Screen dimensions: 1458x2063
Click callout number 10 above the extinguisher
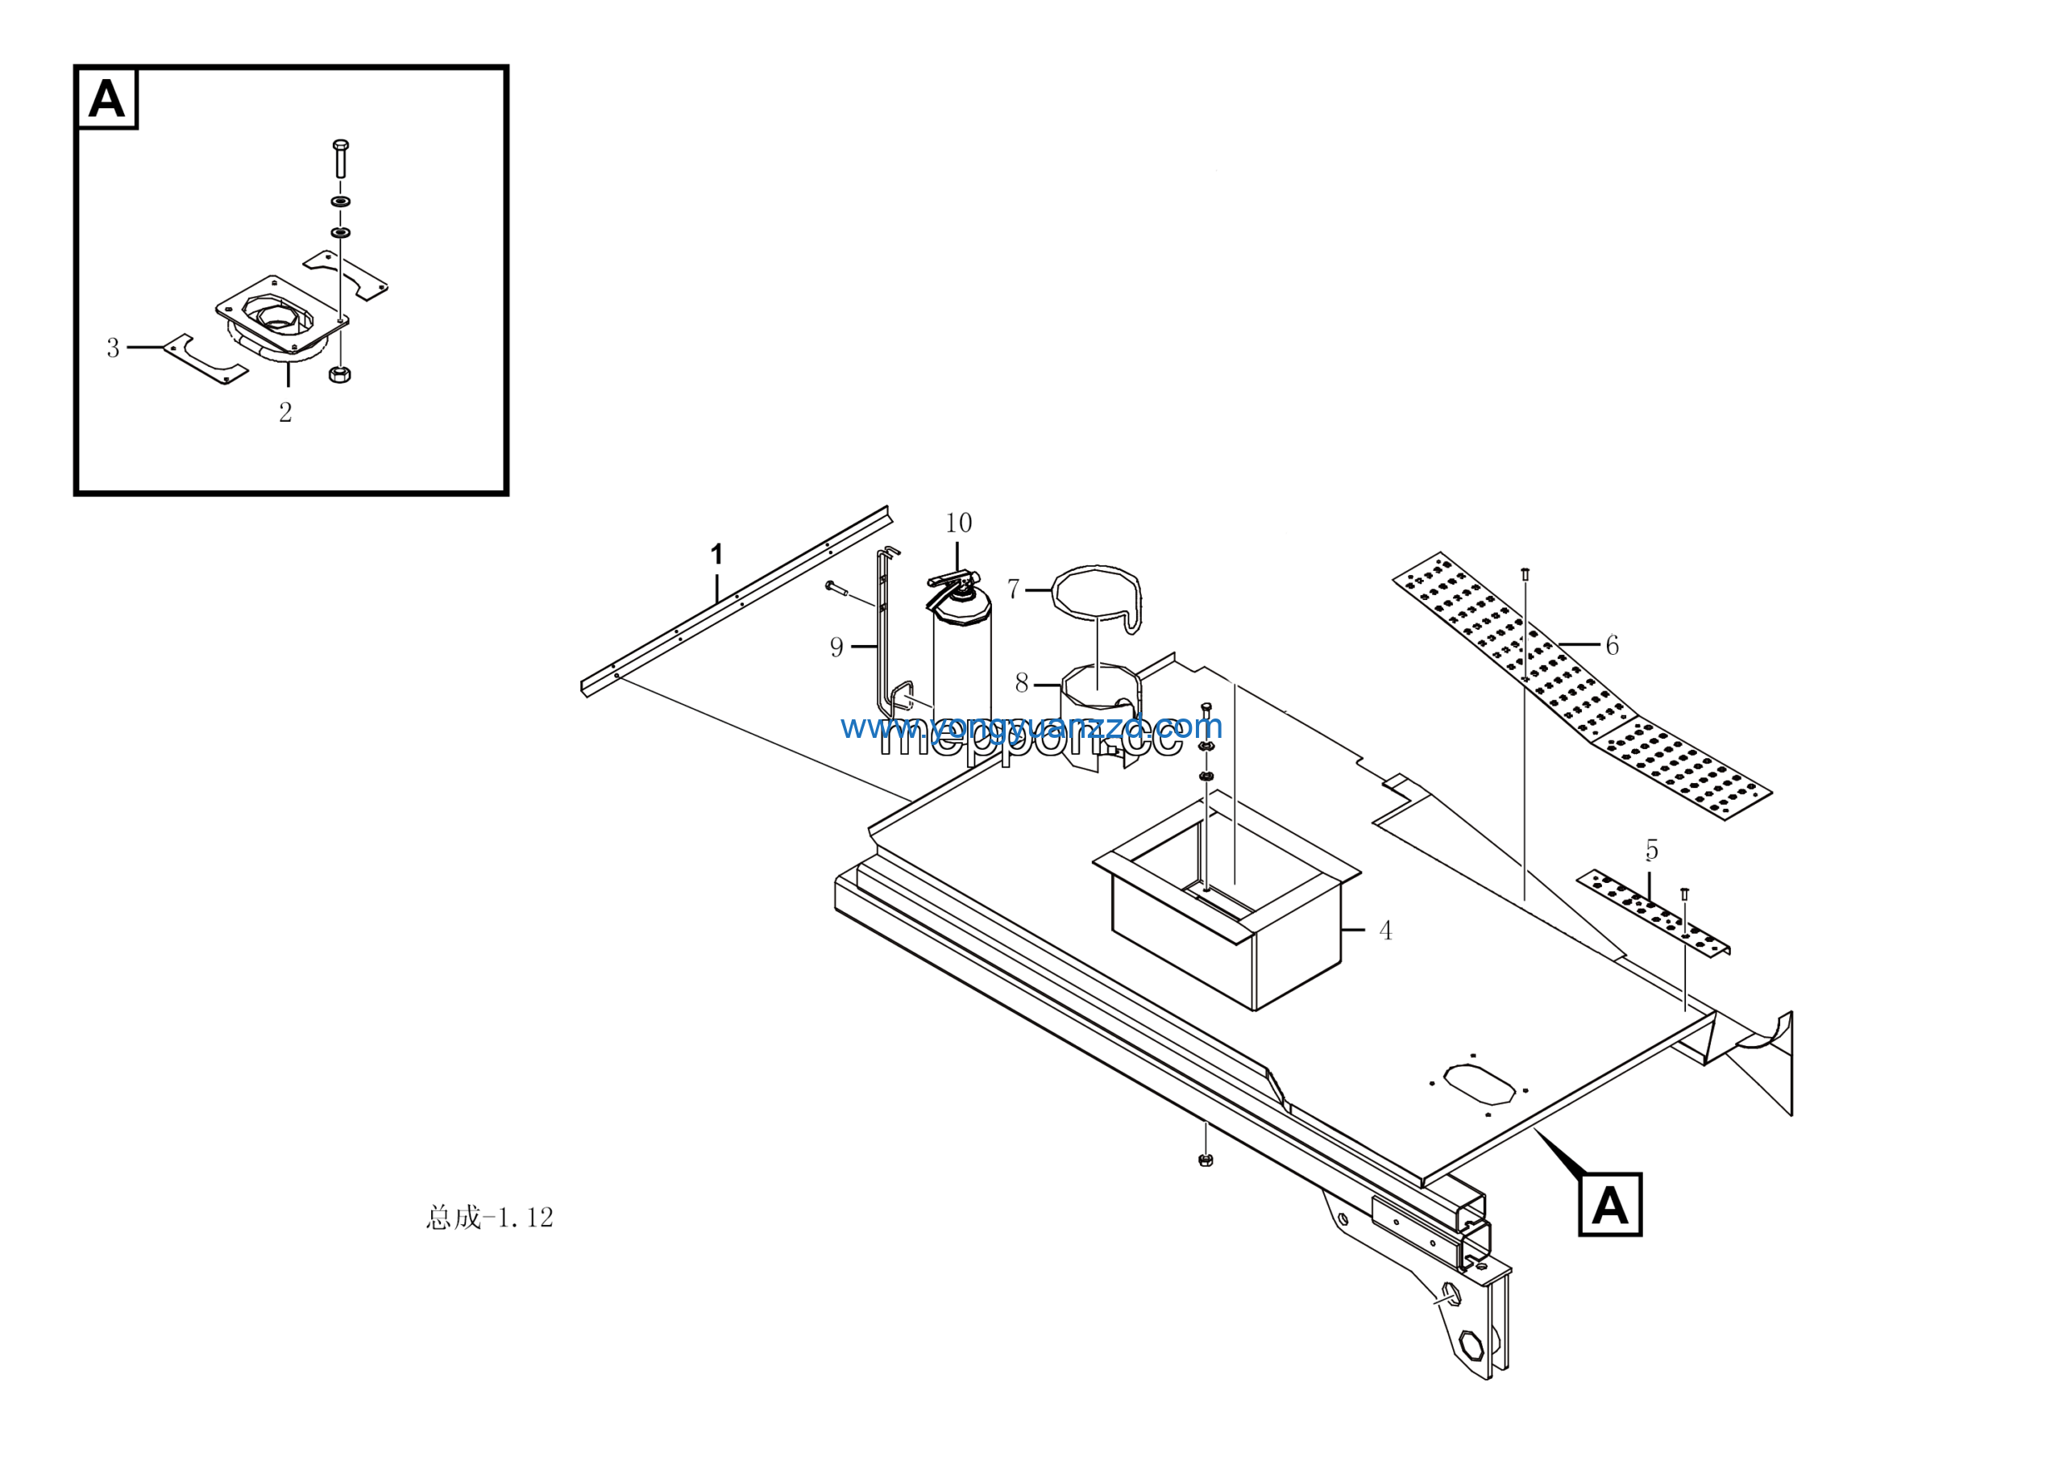pyautogui.click(x=958, y=523)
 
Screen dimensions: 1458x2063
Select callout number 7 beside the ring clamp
pyautogui.click(x=1014, y=589)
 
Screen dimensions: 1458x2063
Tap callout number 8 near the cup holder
pyautogui.click(x=1022, y=683)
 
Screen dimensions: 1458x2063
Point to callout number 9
pyautogui.click(x=836, y=648)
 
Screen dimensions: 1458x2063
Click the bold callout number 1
pyautogui.click(x=716, y=555)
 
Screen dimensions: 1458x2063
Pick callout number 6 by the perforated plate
pyautogui.click(x=1612, y=645)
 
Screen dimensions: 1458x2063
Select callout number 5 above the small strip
pyautogui.click(x=1651, y=849)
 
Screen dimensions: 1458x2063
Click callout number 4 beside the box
pyautogui.click(x=1385, y=931)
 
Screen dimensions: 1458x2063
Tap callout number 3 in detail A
pyautogui.click(x=113, y=348)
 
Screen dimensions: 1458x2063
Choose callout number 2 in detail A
pyautogui.click(x=286, y=413)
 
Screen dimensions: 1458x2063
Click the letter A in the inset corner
pyautogui.click(x=107, y=99)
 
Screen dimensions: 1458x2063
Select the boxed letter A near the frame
pyautogui.click(x=1610, y=1206)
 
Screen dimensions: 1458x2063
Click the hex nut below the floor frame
pyautogui.click(x=1206, y=1160)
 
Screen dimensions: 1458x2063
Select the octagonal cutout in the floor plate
pyautogui.click(x=1478, y=1084)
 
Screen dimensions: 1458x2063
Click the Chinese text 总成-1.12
pyautogui.click(x=490, y=1218)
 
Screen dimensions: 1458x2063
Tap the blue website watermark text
pyautogui.click(x=1031, y=727)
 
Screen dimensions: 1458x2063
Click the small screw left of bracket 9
pyautogui.click(x=835, y=587)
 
